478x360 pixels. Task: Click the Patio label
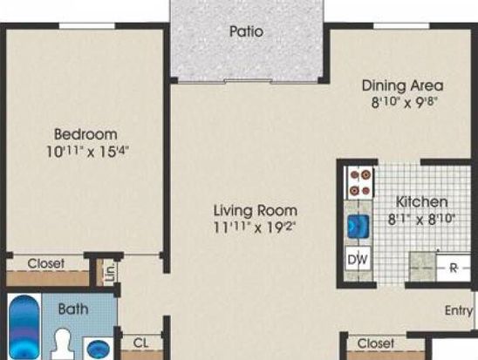coord(246,31)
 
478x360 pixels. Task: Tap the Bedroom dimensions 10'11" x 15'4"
coord(87,152)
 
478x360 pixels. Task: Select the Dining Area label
coord(402,85)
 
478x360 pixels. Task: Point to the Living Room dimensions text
coord(255,227)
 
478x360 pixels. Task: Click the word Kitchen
coord(421,202)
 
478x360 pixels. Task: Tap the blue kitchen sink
coord(358,226)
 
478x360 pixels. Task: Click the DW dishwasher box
coord(358,259)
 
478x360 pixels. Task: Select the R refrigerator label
coord(454,268)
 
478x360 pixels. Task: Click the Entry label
coord(459,310)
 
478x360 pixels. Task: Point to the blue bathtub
coord(24,327)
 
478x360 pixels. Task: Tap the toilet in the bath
coord(63,344)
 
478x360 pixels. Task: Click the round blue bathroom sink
coord(98,349)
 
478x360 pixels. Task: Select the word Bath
coord(73,309)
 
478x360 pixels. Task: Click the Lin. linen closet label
coord(111,272)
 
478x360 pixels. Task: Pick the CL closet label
coord(140,343)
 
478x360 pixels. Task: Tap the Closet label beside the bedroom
coord(45,264)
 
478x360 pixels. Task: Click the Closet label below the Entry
coord(376,343)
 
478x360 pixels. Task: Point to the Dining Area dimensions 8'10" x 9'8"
coord(405,102)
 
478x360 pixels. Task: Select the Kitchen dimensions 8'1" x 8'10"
coord(421,219)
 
